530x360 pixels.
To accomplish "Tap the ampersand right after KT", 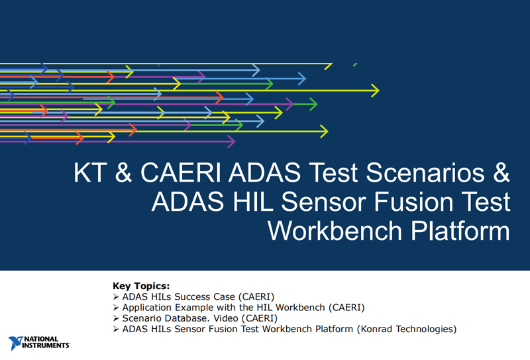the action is [123, 172].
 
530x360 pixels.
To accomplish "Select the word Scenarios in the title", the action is [425, 172].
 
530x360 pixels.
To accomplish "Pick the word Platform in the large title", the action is [460, 231].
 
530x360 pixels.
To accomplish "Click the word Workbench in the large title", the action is [335, 231].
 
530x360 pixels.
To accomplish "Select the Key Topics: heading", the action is [141, 286].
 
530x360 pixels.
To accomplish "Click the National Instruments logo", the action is [39, 343].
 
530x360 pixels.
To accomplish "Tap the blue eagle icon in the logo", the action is [15, 343].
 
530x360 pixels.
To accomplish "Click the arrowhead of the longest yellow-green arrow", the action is [375, 91].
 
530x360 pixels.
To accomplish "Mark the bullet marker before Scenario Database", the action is [116, 318].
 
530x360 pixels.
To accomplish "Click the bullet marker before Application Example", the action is [116, 308].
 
